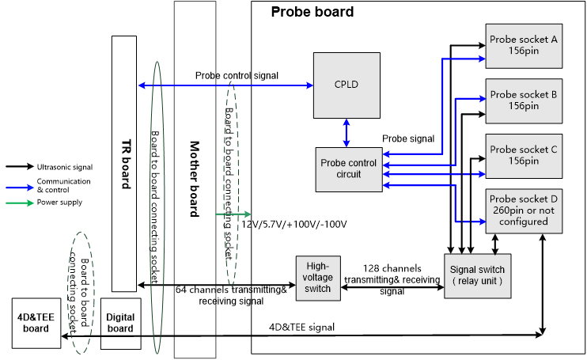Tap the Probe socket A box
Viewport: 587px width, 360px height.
tap(523, 45)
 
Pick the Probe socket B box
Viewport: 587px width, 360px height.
tap(523, 100)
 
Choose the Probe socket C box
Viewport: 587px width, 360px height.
tap(523, 155)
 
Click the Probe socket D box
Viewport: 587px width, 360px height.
tap(523, 210)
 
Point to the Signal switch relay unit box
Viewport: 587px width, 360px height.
tap(477, 275)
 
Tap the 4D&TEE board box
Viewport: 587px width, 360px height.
tap(35, 324)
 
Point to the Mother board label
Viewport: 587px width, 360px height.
tap(195, 180)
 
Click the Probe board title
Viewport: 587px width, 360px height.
tap(312, 13)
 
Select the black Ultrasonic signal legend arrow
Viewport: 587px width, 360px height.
tap(19, 167)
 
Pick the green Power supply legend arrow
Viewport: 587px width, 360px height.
tap(19, 203)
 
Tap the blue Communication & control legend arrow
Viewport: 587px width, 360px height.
tap(19, 185)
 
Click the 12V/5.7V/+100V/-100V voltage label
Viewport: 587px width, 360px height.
tap(294, 224)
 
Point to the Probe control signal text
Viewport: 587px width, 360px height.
tap(237, 76)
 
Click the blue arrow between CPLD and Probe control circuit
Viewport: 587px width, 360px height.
tap(347, 133)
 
